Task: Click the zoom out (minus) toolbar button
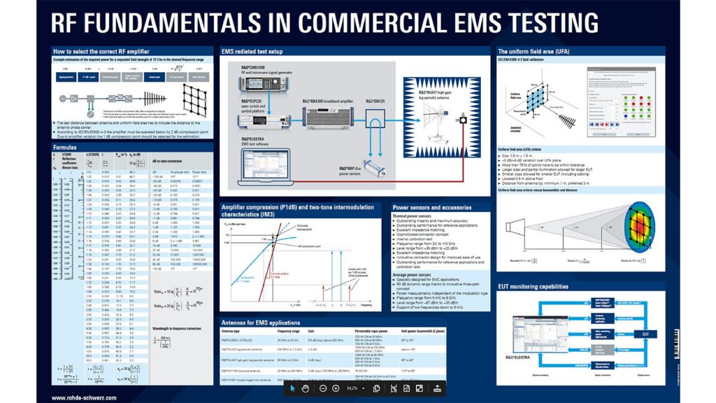tap(323, 388)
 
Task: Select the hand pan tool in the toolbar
tap(306, 388)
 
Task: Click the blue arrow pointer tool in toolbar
tap(292, 388)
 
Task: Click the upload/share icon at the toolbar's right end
tap(437, 388)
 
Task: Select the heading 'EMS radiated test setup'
tap(252, 52)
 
